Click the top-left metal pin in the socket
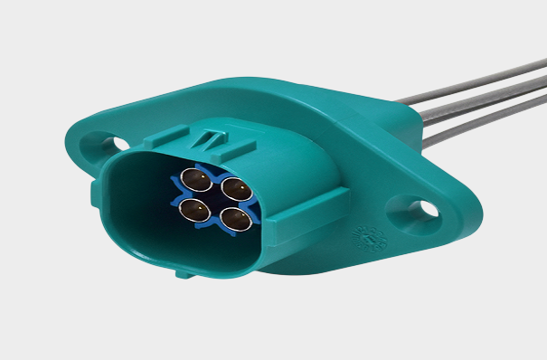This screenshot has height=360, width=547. click(x=194, y=179)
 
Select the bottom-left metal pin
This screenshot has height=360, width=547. click(x=192, y=210)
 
